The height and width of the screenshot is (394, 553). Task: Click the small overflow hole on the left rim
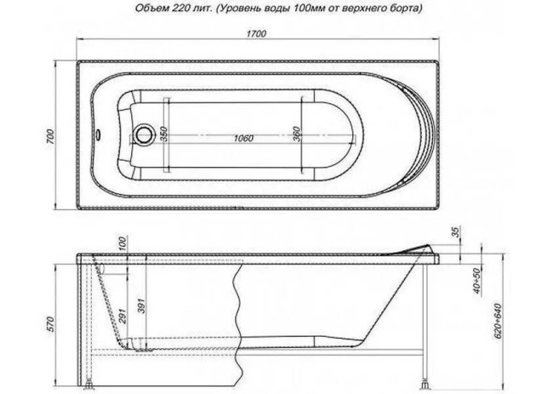(x=100, y=134)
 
